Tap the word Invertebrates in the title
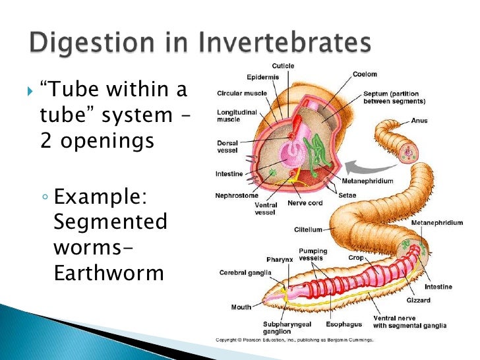tap(280, 44)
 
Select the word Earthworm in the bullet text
tap(108, 273)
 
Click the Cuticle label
tap(284, 66)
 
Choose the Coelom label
tap(365, 75)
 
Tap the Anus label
tap(419, 121)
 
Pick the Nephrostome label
tap(235, 195)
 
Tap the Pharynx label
tap(280, 259)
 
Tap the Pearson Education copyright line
tap(295, 340)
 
